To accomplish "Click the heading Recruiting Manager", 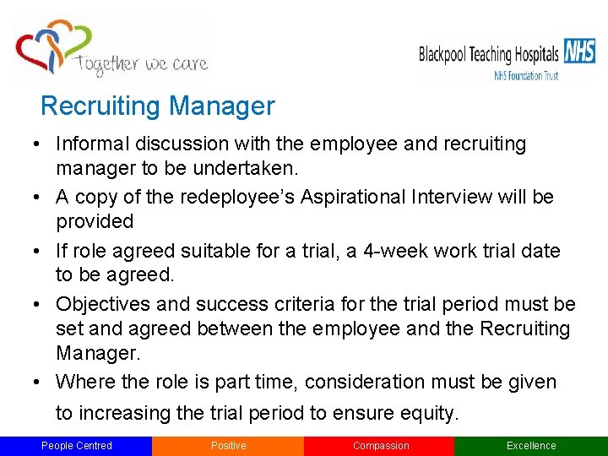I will point(158,106).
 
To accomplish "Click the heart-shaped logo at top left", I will point(52,48).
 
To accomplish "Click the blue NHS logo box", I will point(579,52).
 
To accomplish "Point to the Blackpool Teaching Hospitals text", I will point(489,56).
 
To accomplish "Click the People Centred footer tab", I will point(76,446).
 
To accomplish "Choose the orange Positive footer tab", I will point(228,446).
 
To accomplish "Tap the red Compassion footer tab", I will point(380,446).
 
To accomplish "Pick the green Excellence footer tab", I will point(531,446).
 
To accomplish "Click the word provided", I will point(95,221).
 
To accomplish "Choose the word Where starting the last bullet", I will point(86,382).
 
